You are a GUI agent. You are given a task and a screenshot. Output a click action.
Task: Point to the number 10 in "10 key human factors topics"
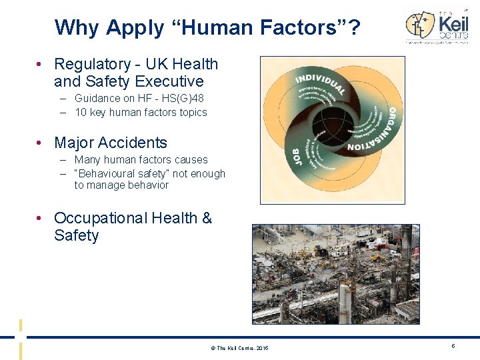[81, 112]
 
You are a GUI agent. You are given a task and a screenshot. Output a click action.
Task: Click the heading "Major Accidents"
[111, 143]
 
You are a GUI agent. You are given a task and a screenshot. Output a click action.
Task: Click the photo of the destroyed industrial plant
[335, 273]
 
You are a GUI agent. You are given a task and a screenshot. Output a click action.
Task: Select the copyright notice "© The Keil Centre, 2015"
[239, 348]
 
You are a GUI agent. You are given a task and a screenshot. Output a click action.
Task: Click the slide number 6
[453, 346]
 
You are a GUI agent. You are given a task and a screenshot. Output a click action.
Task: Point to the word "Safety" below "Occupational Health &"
[77, 235]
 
